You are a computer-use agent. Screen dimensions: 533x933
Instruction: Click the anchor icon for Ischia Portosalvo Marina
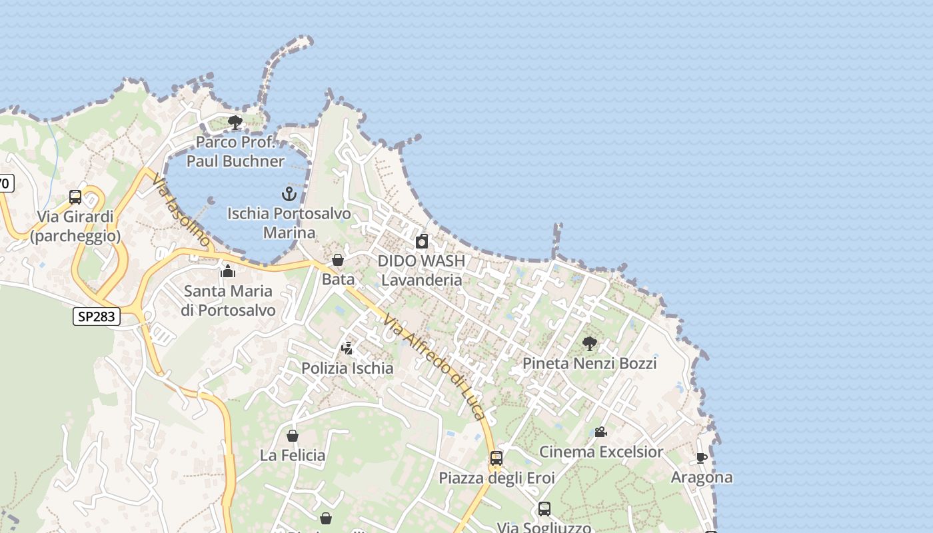click(289, 194)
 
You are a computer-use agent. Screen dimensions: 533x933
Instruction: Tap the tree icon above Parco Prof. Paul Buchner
click(235, 122)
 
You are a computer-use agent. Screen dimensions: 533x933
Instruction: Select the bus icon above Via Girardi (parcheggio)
click(75, 197)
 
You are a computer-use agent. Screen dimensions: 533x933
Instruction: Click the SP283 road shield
click(97, 316)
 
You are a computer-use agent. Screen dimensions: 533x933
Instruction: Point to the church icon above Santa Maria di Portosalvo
click(228, 271)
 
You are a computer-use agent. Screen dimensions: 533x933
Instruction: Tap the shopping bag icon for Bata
click(338, 260)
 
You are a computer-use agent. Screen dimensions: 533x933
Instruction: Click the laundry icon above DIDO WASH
click(421, 241)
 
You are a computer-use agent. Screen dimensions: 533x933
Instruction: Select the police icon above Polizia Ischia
click(347, 348)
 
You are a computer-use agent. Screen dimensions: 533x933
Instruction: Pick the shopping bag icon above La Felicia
click(292, 436)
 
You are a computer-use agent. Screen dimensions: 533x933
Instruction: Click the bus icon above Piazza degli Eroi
click(496, 458)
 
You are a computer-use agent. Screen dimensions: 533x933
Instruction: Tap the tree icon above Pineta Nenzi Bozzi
click(589, 344)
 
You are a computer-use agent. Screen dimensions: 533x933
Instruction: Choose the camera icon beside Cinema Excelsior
click(600, 432)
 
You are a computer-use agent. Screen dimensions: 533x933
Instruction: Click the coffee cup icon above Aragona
click(701, 458)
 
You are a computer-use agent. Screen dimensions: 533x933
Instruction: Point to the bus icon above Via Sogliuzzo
click(544, 509)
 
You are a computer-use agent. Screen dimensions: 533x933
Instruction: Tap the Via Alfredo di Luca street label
click(435, 367)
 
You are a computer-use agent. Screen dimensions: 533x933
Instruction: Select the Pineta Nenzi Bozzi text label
click(589, 363)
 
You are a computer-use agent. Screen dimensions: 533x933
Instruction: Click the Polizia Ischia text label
click(347, 368)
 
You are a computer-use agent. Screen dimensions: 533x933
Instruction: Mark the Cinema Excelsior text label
click(600, 452)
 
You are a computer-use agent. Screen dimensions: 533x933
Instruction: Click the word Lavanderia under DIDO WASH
click(421, 280)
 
